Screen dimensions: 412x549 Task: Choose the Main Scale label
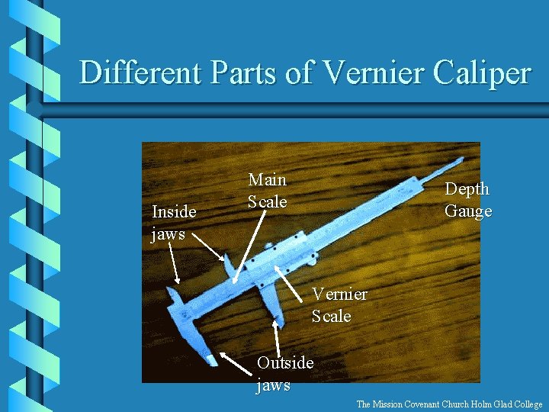(267, 191)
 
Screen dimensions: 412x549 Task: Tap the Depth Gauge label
(468, 200)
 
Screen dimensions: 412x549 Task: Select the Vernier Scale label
(339, 304)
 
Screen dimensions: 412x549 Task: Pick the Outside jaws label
(284, 373)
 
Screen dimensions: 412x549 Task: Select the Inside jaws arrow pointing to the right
(208, 246)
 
